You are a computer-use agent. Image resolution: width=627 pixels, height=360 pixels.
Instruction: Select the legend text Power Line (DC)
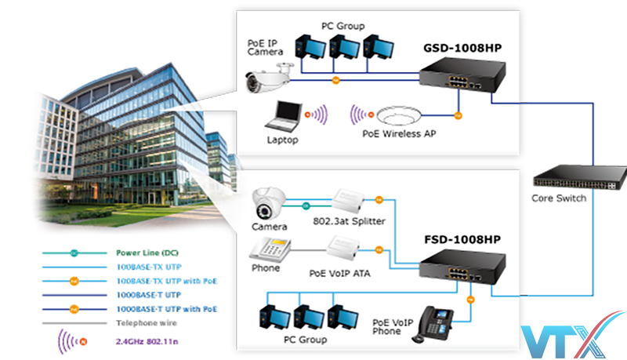[x=147, y=253]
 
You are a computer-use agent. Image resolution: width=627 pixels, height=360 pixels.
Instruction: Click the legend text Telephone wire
[x=145, y=322]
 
